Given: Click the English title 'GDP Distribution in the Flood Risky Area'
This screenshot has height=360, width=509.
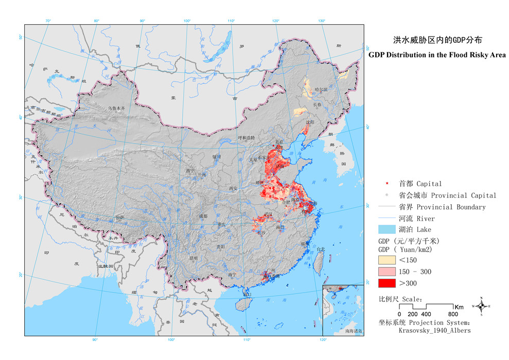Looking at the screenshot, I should click(x=437, y=55).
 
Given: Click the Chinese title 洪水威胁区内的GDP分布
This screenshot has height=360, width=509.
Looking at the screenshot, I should click(x=437, y=40).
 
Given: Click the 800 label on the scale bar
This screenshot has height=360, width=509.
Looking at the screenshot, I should click(x=453, y=314).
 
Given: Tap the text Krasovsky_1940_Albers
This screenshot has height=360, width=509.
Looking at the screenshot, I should click(x=434, y=331).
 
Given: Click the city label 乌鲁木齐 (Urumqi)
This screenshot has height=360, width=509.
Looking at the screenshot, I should click(x=117, y=109).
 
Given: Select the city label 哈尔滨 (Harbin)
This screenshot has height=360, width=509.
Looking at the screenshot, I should click(x=321, y=89).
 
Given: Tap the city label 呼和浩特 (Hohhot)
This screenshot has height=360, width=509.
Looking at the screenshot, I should click(x=245, y=138).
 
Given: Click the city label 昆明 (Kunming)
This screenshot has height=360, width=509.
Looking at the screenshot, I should click(x=193, y=258).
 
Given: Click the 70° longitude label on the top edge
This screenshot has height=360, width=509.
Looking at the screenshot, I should click(x=48, y=21).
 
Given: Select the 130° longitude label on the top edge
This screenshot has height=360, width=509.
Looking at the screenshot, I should click(x=321, y=21).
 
